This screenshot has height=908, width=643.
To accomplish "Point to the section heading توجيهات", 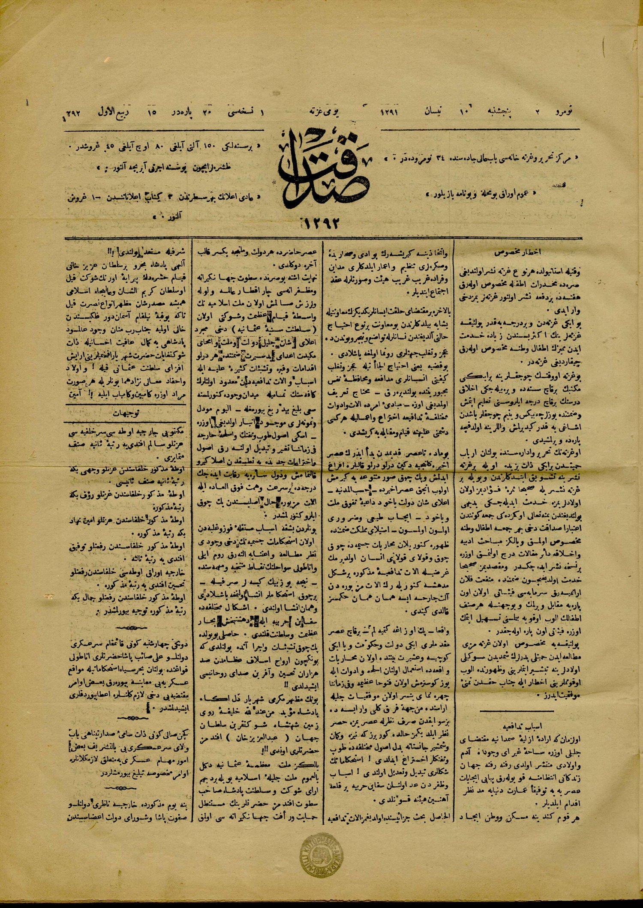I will tap(124, 414).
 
